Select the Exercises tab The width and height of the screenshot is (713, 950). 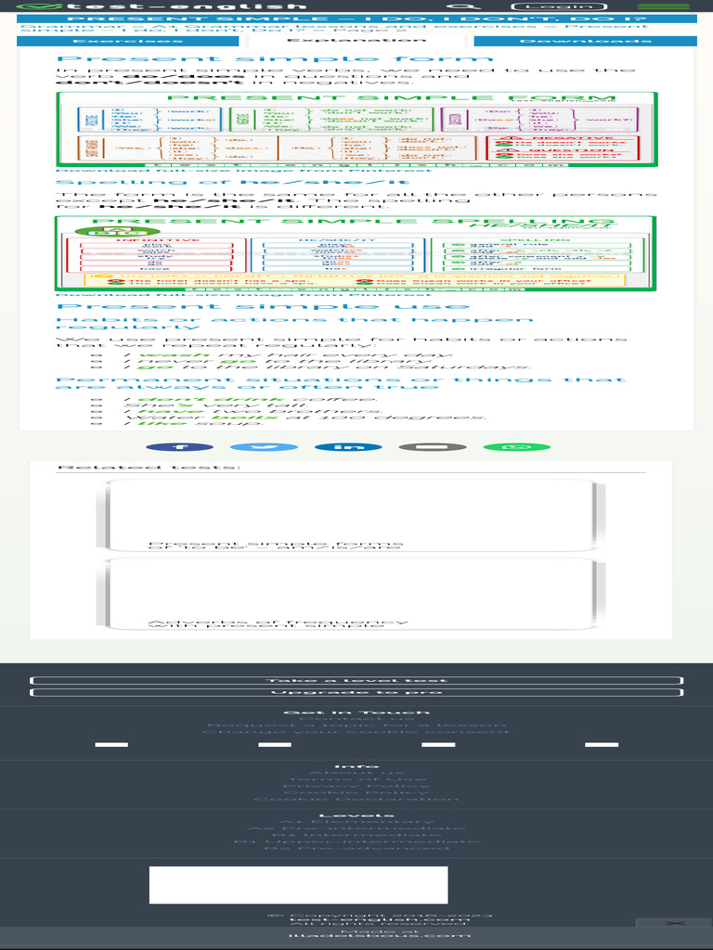point(113,42)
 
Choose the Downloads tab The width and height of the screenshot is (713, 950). point(584,42)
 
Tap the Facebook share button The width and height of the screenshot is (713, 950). point(179,447)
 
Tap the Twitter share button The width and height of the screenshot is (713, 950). point(264,447)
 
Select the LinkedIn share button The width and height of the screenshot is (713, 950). point(348,447)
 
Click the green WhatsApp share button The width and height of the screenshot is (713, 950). point(516,447)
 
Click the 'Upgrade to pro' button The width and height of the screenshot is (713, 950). point(356,692)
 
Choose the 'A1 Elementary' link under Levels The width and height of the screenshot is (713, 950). point(356,822)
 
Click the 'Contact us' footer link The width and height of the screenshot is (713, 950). point(356,719)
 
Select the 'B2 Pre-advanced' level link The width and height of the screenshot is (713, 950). point(356,847)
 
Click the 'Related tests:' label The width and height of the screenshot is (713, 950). point(149,468)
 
